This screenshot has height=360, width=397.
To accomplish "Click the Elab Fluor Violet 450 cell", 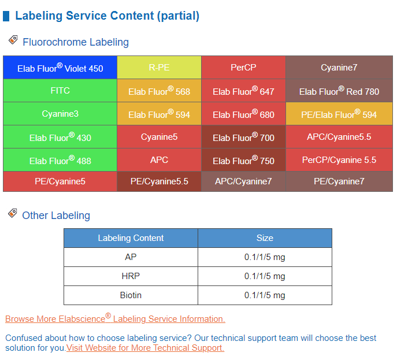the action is [60, 68].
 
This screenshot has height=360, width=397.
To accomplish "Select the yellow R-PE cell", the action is [159, 68].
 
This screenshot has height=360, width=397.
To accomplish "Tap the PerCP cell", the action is [243, 68].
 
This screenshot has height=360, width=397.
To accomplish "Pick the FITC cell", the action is [60, 91].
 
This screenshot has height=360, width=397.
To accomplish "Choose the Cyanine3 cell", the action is [60, 114].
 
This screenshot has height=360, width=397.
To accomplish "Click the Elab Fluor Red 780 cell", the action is [339, 91].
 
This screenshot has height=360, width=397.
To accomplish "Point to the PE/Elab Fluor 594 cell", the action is [339, 114].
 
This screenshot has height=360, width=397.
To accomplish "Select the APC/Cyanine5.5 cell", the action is [339, 137].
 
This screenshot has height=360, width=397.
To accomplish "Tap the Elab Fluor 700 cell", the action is [243, 137].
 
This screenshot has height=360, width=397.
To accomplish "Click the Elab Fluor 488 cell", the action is [60, 159].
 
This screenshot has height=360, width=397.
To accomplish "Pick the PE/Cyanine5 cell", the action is [60, 181].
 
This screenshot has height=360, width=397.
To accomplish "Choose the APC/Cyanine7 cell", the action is [243, 181].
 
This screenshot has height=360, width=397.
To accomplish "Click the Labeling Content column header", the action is [131, 238].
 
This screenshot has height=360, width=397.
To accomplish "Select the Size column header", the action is [265, 238].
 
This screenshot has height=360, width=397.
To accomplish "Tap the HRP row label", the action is [131, 276].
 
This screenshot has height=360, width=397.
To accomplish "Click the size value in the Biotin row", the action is [265, 295].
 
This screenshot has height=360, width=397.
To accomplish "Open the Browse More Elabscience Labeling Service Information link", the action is [115, 318].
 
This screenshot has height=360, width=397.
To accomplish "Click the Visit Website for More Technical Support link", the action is [145, 348].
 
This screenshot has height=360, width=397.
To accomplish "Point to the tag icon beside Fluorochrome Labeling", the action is [13, 40].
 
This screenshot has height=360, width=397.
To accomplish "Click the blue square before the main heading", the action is [6, 16].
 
